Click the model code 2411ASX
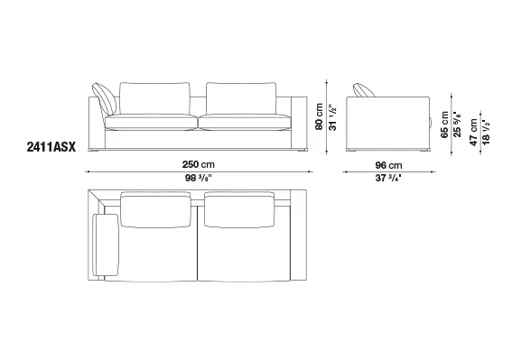51,147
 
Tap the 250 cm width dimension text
199,164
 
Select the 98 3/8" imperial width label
199,178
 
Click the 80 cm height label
319,116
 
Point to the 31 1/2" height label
332,117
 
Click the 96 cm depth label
388,165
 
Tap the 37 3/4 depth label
388,178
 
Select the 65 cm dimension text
444,125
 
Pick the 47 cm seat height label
473,132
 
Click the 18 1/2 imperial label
486,132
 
